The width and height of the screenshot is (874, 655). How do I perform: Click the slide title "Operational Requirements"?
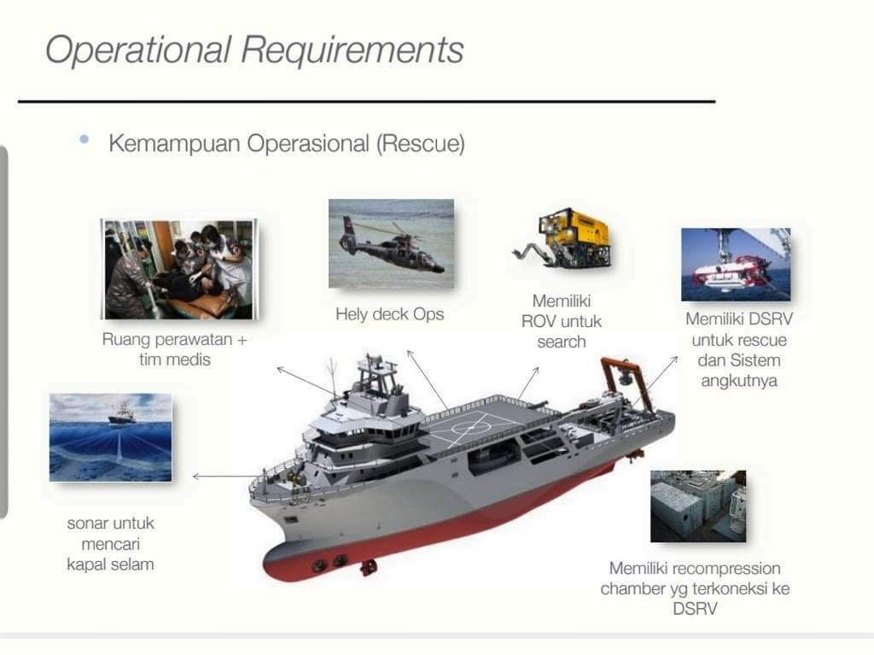pyautogui.click(x=253, y=50)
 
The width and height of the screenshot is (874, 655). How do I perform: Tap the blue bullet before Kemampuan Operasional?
pyautogui.click(x=84, y=139)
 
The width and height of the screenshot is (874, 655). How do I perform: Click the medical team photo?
pyautogui.click(x=178, y=269)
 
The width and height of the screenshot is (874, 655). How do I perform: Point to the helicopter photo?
pyautogui.click(x=391, y=243)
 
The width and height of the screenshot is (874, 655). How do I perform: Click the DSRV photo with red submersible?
pyautogui.click(x=735, y=264)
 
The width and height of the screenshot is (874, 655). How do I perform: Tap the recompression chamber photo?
pyautogui.click(x=697, y=506)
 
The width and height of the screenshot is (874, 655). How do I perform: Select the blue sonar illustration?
pyautogui.click(x=110, y=437)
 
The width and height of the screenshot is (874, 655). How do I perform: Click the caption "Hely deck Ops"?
pyautogui.click(x=389, y=314)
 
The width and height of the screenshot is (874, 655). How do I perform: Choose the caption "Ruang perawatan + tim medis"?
pyautogui.click(x=174, y=349)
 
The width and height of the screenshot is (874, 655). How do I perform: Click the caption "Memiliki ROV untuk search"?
pyautogui.click(x=562, y=321)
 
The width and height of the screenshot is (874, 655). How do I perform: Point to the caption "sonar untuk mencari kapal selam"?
pyautogui.click(x=110, y=543)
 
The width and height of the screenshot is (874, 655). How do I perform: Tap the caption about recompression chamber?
pyautogui.click(x=694, y=588)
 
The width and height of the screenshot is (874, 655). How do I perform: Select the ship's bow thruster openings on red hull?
pyautogui.click(x=328, y=562)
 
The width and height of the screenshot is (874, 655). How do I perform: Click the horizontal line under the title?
pyautogui.click(x=366, y=102)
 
